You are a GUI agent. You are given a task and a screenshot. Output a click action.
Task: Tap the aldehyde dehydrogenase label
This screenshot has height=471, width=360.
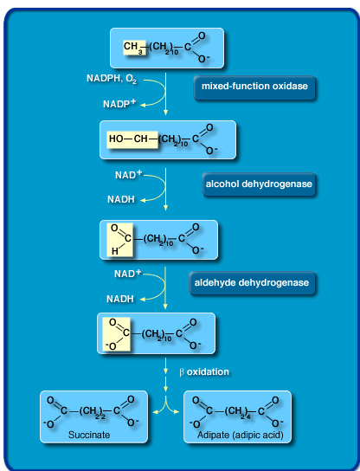tap(251, 282)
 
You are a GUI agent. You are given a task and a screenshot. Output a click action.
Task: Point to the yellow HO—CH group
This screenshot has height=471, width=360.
tap(127, 139)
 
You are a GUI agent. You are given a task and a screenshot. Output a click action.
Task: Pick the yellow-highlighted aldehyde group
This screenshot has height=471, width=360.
tap(118, 239)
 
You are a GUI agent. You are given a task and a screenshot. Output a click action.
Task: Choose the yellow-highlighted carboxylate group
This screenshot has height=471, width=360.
tap(117, 333)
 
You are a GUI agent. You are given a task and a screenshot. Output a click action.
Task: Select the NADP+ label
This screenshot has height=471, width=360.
tap(120, 103)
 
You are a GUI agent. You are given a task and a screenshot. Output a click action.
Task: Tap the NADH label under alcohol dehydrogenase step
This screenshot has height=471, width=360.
tap(119, 199)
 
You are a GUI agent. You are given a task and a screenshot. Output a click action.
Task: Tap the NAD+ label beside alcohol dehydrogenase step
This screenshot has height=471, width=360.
tap(127, 175)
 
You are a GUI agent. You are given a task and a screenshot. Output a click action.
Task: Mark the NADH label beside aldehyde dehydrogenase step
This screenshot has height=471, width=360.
tap(119, 299)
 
